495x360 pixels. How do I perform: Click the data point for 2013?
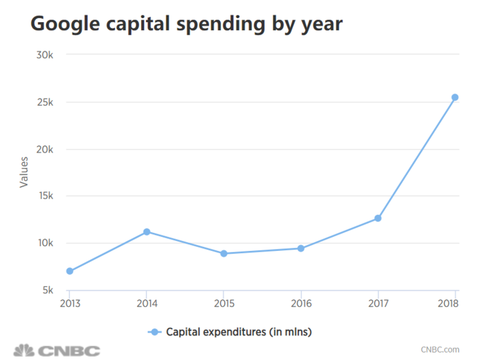[70, 271]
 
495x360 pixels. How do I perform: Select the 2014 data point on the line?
[146, 232]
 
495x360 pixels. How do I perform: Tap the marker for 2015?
[223, 254]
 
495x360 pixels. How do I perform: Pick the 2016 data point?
[301, 248]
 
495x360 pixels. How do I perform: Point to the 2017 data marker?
[378, 218]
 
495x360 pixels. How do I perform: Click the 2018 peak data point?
[455, 98]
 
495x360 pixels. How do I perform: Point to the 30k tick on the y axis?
[44, 55]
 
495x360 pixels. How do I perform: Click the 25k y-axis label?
[44, 102]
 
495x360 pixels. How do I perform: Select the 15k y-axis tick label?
[44, 196]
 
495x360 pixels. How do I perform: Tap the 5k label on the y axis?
[47, 290]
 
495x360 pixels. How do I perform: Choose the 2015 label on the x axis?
[223, 302]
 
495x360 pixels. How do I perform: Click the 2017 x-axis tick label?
[378, 302]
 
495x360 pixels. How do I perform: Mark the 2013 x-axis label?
[70, 302]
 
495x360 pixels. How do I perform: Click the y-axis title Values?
[24, 172]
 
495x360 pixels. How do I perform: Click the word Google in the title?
[62, 24]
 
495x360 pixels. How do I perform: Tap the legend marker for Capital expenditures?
[155, 332]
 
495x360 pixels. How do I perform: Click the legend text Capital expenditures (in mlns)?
[239, 332]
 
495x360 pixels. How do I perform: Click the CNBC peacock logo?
[24, 350]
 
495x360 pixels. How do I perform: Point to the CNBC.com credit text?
[439, 349]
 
